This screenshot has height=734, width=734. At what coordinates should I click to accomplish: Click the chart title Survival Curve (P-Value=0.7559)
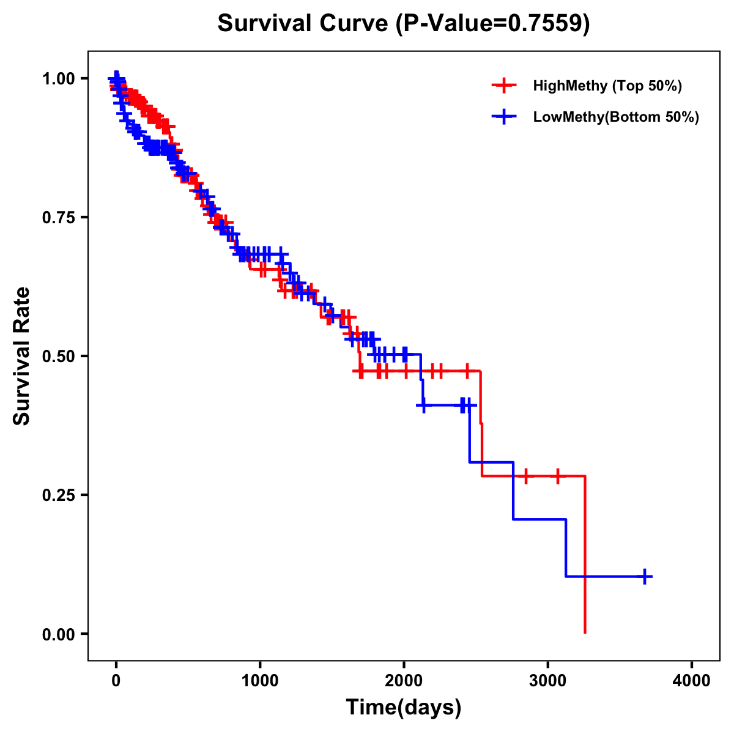tap(404, 24)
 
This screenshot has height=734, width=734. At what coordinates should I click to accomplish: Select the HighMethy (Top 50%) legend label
tap(607, 86)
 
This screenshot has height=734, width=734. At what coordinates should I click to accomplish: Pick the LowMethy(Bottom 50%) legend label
tap(616, 117)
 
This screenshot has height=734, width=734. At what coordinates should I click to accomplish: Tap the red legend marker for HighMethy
tap(504, 86)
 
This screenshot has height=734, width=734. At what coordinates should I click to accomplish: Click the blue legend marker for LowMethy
tap(504, 117)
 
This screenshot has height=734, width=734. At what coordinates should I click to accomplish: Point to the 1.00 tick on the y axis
tap(58, 78)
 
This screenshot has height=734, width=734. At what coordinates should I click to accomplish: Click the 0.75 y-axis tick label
tap(58, 217)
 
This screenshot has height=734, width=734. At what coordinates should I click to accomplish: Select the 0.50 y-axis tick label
tap(58, 356)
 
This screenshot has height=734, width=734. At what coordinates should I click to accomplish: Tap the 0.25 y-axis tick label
tap(58, 495)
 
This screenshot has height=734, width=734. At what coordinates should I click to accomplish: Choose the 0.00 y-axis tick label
tap(58, 634)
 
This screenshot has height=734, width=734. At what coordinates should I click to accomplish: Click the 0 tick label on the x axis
tap(116, 681)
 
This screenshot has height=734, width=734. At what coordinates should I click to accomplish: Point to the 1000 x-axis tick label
tap(260, 681)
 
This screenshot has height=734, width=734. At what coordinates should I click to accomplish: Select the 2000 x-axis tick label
tap(404, 681)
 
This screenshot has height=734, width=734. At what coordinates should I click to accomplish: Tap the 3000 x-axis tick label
tap(548, 681)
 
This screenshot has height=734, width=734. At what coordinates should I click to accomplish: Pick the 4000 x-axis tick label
tap(692, 681)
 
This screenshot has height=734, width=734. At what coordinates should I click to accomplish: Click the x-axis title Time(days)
tap(404, 708)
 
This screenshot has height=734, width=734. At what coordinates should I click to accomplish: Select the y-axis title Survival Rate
tap(22, 356)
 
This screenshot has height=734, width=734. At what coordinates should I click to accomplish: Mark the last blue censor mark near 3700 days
tap(645, 576)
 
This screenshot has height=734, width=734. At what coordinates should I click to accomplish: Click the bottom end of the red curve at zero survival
tap(585, 632)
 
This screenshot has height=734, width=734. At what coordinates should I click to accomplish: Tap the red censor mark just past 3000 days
tap(558, 476)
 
